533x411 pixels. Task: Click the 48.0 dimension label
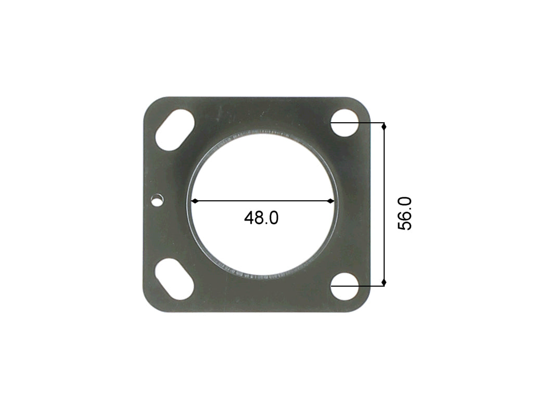click(261, 218)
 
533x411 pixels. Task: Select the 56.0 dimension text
click(404, 213)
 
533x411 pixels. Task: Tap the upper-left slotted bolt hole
click(175, 130)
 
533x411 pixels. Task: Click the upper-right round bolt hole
click(345, 123)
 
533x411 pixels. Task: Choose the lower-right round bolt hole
click(345, 286)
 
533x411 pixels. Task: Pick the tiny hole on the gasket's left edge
click(156, 199)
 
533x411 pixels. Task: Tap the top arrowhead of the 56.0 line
click(384, 126)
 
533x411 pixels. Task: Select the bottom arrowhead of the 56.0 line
click(384, 282)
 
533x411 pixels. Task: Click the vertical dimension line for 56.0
click(384, 208)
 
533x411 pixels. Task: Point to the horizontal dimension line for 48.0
click(260, 201)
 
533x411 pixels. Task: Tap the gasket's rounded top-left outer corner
click(149, 103)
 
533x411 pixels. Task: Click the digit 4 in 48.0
click(249, 218)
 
